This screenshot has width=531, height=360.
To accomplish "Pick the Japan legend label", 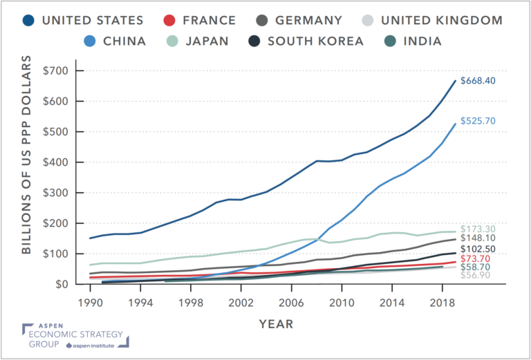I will click(205, 41).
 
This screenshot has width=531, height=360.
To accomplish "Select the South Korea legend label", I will click(315, 41).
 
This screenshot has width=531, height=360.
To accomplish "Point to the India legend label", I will click(422, 41).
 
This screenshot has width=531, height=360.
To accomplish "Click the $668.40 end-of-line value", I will click(479, 81).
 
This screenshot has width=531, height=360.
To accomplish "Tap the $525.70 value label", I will click(479, 121).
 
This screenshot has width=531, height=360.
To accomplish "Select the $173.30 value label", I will click(479, 228).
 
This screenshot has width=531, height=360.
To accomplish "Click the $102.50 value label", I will click(479, 249).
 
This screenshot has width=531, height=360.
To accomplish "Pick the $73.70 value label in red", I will click(477, 258).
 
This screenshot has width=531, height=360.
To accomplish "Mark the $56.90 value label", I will click(477, 276).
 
